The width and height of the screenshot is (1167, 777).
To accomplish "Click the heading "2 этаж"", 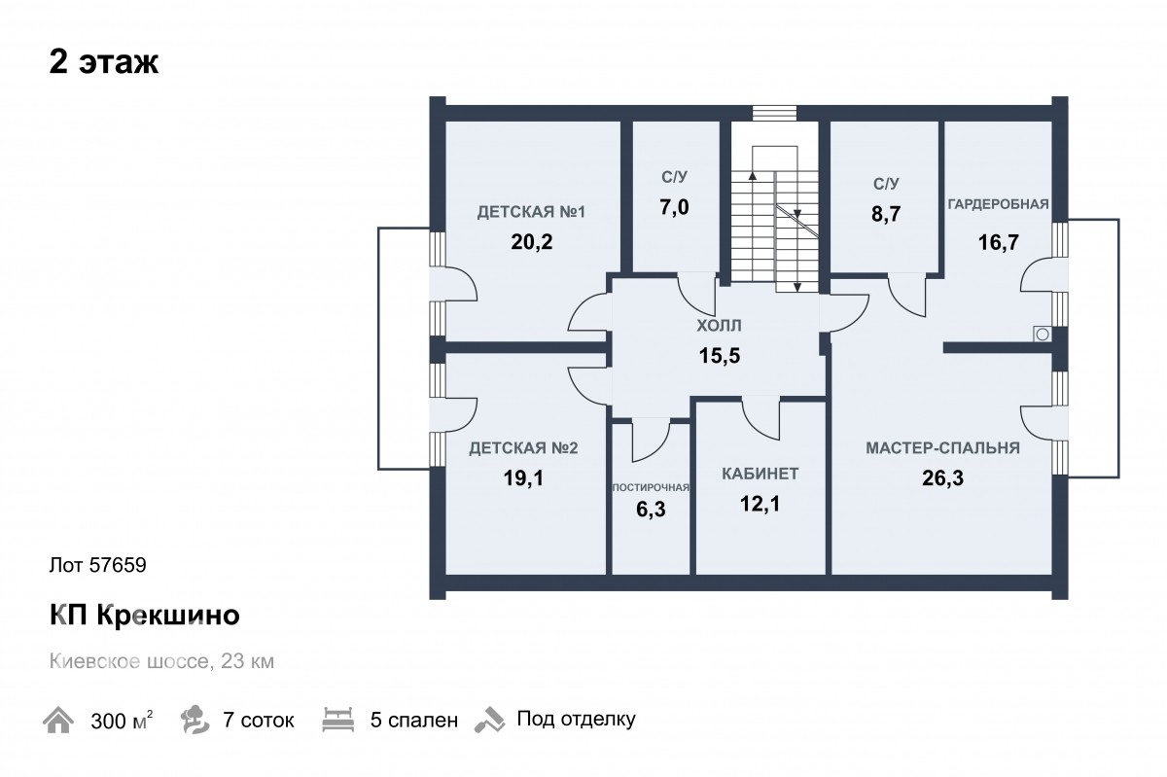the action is click(104, 62).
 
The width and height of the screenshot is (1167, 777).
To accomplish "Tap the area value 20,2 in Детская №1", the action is click(531, 242).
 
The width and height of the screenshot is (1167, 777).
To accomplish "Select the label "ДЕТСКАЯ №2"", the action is click(523, 448).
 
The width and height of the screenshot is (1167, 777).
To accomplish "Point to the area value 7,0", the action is click(674, 207).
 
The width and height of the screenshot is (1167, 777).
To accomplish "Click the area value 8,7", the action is click(886, 214).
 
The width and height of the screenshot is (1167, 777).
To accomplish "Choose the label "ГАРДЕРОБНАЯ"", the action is click(998, 204).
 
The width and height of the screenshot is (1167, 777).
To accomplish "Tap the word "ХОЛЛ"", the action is click(719, 326).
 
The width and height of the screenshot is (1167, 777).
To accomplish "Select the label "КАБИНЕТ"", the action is click(760, 474).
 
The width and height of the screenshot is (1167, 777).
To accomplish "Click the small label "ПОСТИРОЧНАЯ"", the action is click(651, 488).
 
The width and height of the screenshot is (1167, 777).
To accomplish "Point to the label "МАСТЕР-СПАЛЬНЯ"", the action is click(943, 448).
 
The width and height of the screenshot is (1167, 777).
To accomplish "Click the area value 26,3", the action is click(943, 477).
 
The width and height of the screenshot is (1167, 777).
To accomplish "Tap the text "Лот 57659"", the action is click(98, 565).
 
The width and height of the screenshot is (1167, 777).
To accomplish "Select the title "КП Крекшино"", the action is click(144, 615).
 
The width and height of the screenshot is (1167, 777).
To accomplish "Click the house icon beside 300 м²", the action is click(58, 720).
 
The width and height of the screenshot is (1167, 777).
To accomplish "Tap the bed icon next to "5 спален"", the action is click(338, 720).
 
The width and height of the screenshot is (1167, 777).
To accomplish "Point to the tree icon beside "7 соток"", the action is click(194, 720).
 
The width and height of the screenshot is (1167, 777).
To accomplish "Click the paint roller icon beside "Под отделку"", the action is click(490, 720).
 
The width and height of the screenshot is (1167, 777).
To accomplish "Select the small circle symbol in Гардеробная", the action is click(1043, 335).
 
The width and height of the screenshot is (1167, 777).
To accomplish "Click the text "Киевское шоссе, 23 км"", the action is click(161, 661).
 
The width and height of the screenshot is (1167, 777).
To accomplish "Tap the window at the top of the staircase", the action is click(775, 114).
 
